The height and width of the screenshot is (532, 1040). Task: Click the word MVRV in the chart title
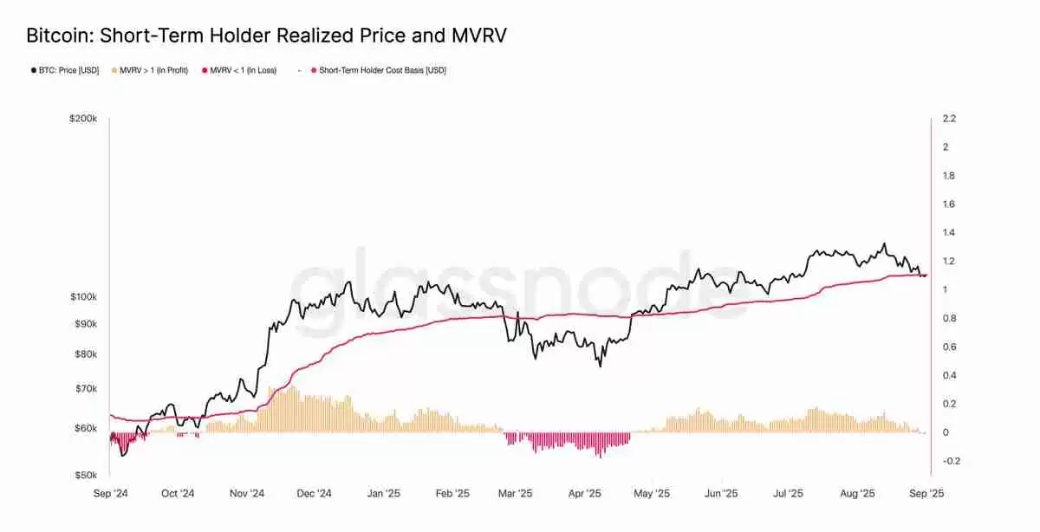pos(476,36)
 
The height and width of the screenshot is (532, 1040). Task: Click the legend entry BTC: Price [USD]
pos(65,70)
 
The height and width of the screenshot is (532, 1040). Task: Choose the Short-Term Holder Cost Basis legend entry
pos(381,70)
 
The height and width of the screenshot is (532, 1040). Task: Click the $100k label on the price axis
pos(83,297)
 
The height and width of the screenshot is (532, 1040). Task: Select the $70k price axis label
pos(86,389)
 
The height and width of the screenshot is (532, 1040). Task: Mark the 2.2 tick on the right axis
pos(949,119)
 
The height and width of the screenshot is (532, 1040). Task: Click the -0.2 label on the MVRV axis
pos(951,461)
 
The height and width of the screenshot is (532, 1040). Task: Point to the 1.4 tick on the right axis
pos(949,233)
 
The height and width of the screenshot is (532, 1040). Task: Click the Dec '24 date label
pos(314,494)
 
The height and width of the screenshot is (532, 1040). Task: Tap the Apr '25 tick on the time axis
pos(584,494)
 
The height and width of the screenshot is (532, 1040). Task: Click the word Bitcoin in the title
pos(59,36)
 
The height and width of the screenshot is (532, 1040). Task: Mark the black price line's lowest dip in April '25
pos(600,367)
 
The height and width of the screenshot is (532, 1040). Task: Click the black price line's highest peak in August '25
pos(884,243)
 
